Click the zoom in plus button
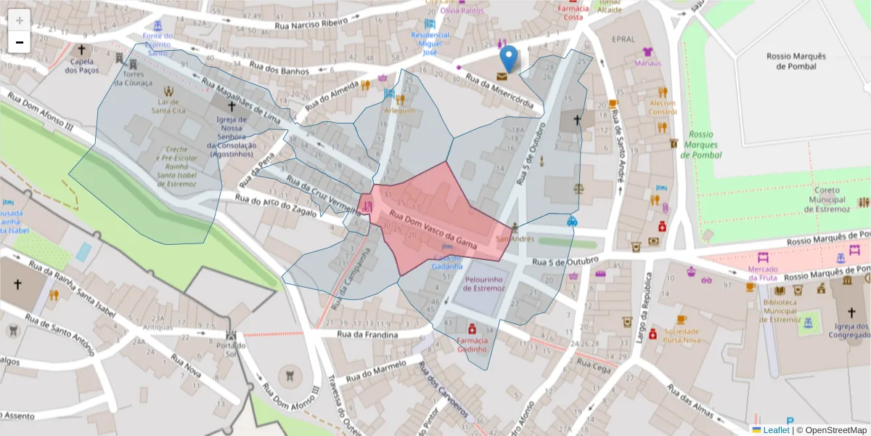[x=19, y=20]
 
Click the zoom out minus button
[x=19, y=42]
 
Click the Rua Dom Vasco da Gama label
[x=433, y=232]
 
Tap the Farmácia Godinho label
[x=471, y=344]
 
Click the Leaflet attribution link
[x=775, y=430]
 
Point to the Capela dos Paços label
[x=81, y=65]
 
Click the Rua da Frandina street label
[x=368, y=334]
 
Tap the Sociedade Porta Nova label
[x=680, y=335]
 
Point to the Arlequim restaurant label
[x=400, y=110]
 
